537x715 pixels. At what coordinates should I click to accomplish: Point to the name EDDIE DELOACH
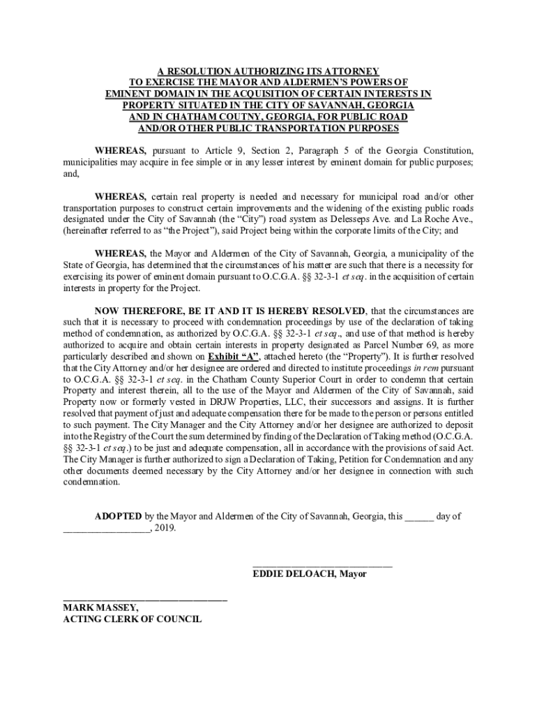coord(291,574)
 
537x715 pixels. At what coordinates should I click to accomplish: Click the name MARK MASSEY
coord(100,607)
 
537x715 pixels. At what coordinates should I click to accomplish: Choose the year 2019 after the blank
coord(165,528)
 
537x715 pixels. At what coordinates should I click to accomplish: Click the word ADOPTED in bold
coord(119,516)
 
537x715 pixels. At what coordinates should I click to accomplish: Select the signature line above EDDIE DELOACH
coord(322,563)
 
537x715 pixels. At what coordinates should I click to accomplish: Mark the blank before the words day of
coord(419,517)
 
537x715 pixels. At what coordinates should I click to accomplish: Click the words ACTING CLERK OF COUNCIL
coord(133,619)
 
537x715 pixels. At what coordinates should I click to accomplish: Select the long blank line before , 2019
coord(105,529)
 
